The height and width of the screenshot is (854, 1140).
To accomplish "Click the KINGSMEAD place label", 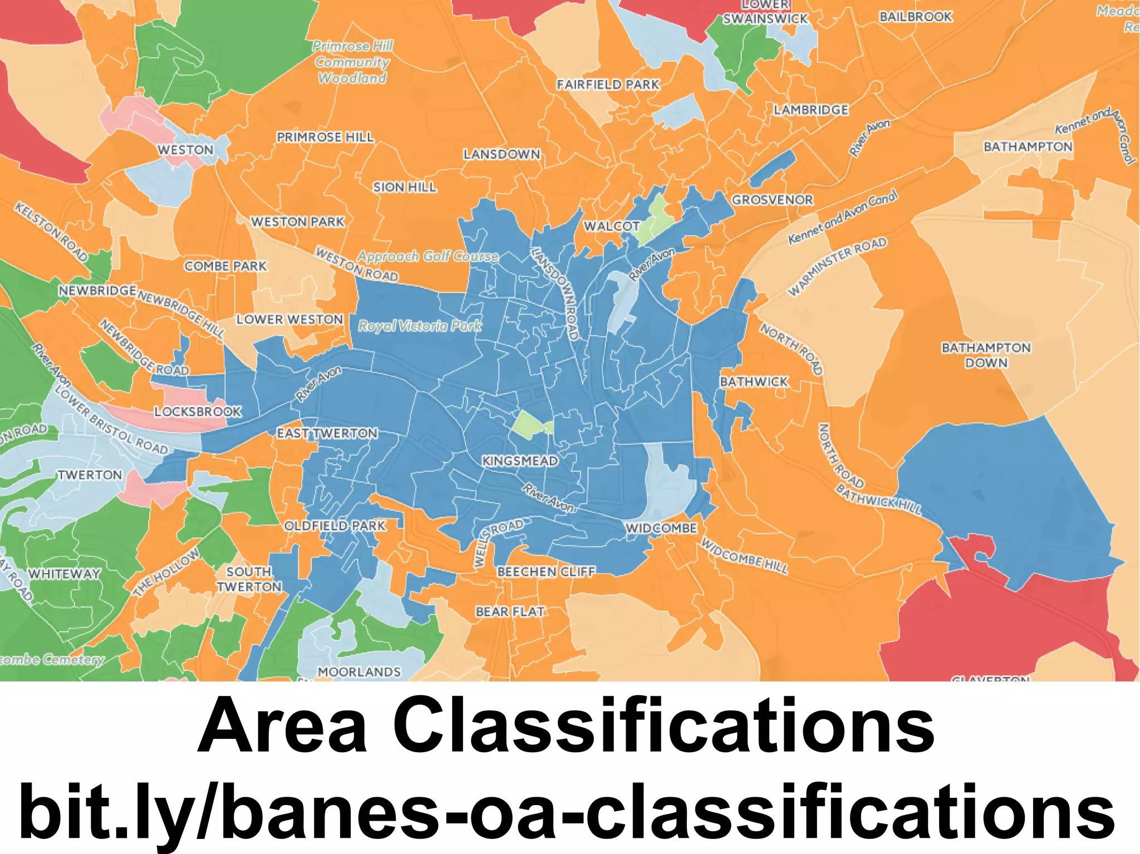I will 520,461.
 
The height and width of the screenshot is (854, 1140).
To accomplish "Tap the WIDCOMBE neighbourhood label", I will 661,528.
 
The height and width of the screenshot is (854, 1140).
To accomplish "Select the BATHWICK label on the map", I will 754,382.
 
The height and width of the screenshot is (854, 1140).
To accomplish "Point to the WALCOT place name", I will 612,226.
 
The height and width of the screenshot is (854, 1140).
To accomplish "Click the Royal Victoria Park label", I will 420,325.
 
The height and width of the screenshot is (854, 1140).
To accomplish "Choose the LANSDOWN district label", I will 502,154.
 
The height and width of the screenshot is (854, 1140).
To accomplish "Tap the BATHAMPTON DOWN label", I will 986,355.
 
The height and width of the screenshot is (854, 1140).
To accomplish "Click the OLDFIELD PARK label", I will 335,526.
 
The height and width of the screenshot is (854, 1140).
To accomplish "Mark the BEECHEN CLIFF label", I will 546,571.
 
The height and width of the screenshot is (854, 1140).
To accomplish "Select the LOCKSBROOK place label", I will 198,412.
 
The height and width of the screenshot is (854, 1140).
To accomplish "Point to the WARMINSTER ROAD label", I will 837,266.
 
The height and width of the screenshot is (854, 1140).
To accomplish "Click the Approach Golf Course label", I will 427,256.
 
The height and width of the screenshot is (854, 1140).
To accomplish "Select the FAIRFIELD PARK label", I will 608,85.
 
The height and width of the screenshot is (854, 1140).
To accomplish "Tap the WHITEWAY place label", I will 65,574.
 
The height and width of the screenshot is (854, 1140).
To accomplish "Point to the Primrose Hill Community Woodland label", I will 352,62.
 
